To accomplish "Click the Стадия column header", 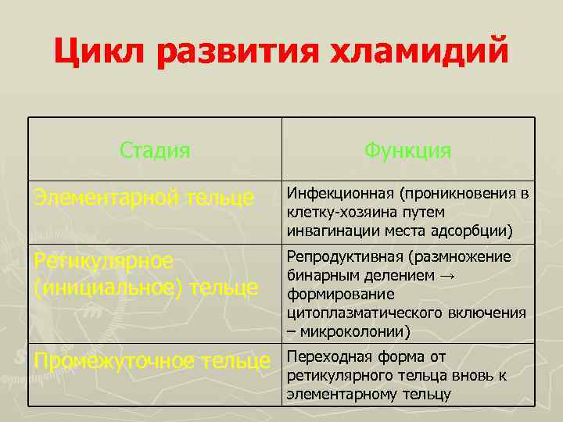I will (x=155, y=149).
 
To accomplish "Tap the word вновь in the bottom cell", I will (x=468, y=376).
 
